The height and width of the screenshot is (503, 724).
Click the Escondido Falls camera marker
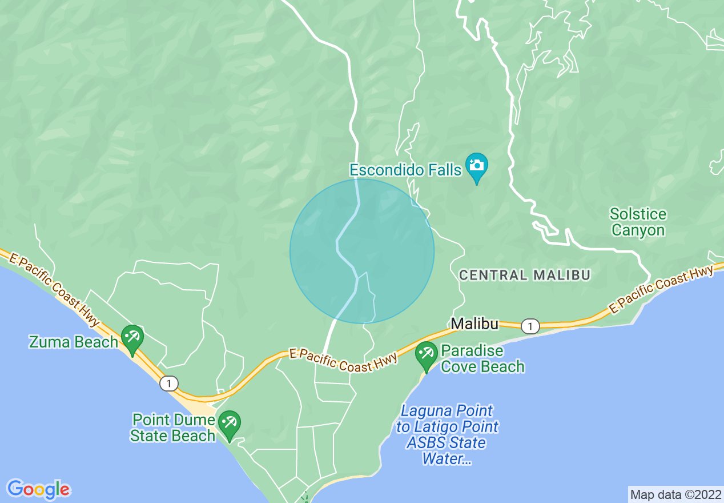[x=476, y=166]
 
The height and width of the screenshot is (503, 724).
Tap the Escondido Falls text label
[x=405, y=170]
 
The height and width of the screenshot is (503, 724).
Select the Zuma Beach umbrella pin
[x=132, y=337]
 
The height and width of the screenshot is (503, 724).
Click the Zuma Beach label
[x=74, y=342]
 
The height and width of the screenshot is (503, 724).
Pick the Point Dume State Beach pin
[x=230, y=424]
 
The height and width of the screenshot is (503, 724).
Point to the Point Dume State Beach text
[x=173, y=428]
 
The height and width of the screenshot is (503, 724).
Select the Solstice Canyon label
[x=638, y=222]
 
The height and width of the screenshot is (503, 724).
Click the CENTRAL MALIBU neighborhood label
[x=525, y=275]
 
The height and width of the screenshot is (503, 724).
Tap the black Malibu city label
[x=474, y=324]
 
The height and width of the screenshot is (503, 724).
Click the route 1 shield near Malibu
[x=530, y=326]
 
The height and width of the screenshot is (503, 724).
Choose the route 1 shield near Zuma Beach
[x=168, y=383]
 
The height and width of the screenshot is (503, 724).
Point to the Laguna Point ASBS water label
[x=447, y=434]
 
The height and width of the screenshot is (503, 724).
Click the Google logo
[x=39, y=489]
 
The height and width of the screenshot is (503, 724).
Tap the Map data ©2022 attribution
[x=675, y=494]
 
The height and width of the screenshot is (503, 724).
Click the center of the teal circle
[x=362, y=251]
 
